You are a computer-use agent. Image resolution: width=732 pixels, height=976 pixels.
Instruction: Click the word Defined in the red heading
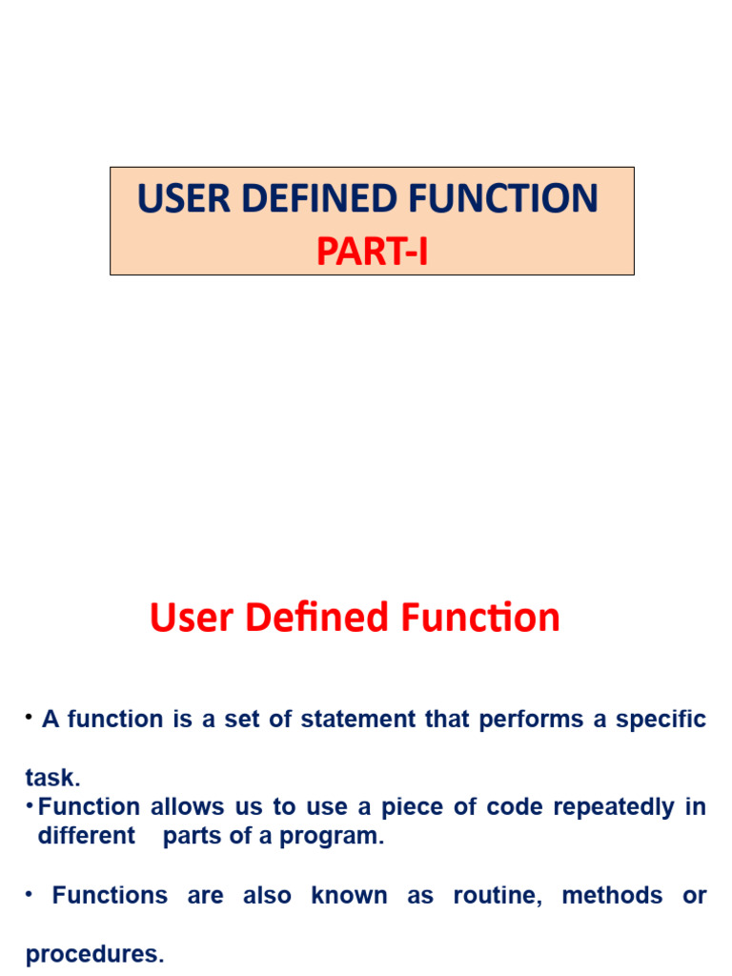click(317, 618)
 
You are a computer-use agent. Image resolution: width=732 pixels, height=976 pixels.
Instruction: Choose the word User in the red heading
click(191, 618)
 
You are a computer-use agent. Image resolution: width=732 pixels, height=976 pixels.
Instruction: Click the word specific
click(661, 720)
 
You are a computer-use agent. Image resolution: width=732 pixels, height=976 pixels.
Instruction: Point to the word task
click(51, 778)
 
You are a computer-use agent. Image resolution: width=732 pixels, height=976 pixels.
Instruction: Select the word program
click(343, 837)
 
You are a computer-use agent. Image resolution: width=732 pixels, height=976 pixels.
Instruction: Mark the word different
click(86, 837)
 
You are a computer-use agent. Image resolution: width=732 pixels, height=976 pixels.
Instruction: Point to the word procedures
click(94, 954)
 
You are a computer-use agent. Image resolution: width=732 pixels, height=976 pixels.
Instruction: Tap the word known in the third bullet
click(349, 896)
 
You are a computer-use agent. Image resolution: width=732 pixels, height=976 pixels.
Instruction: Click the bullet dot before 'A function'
click(30, 717)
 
